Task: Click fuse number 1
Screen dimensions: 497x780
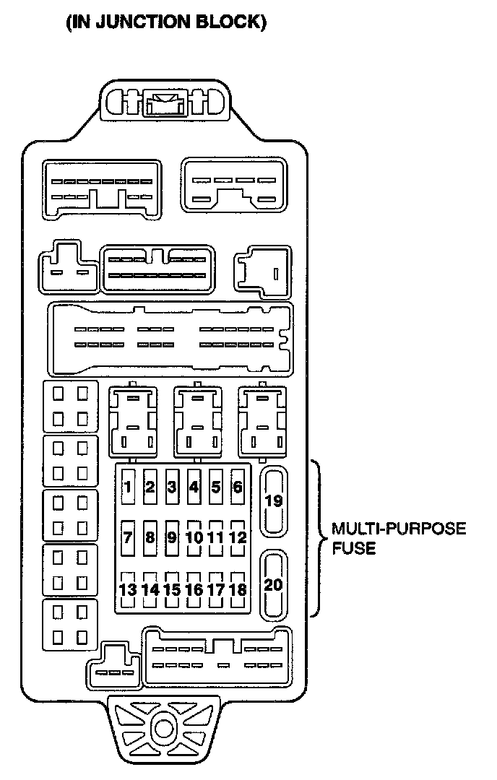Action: coord(128,487)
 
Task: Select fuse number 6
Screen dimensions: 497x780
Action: coord(237,487)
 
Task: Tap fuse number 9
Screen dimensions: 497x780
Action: coord(171,537)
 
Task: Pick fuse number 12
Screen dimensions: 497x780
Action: coord(237,537)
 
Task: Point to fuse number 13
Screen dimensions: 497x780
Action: coord(128,589)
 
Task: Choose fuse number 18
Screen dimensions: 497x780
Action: coord(237,589)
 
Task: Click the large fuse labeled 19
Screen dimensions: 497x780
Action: coord(274,500)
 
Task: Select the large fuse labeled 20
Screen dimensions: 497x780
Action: coord(274,584)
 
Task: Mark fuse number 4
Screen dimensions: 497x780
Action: coord(194,487)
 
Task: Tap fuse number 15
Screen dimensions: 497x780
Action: coord(171,589)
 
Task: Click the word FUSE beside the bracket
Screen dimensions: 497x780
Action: coord(354,548)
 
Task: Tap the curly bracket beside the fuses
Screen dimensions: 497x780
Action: coord(318,537)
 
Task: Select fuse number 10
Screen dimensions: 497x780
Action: coord(194,537)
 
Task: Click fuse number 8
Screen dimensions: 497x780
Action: coord(150,537)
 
